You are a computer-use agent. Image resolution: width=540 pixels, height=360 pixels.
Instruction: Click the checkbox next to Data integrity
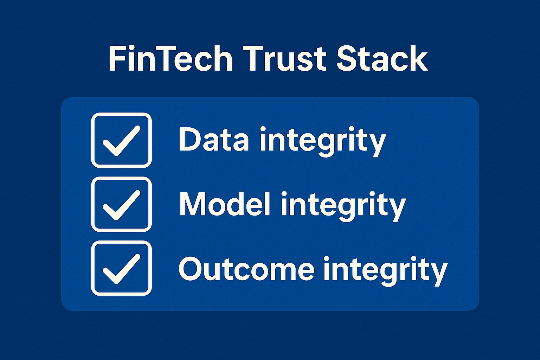[121, 140]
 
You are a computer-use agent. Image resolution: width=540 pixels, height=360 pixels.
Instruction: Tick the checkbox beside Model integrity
[121, 204]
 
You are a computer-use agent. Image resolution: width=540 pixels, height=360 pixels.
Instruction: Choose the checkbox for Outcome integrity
[121, 268]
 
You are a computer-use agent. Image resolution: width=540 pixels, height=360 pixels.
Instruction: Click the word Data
[214, 139]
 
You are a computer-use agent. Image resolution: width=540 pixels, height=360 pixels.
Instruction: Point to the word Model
[225, 204]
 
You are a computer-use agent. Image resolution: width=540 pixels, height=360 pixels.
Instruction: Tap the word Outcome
[246, 269]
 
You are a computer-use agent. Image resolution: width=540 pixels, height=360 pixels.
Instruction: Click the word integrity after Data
[323, 141]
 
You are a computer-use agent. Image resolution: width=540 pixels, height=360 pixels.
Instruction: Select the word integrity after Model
[343, 205]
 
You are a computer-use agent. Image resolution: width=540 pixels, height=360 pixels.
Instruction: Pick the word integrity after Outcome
[385, 270]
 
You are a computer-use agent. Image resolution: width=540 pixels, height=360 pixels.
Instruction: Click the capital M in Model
[193, 204]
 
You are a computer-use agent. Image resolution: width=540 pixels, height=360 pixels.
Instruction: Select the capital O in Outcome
[191, 269]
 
